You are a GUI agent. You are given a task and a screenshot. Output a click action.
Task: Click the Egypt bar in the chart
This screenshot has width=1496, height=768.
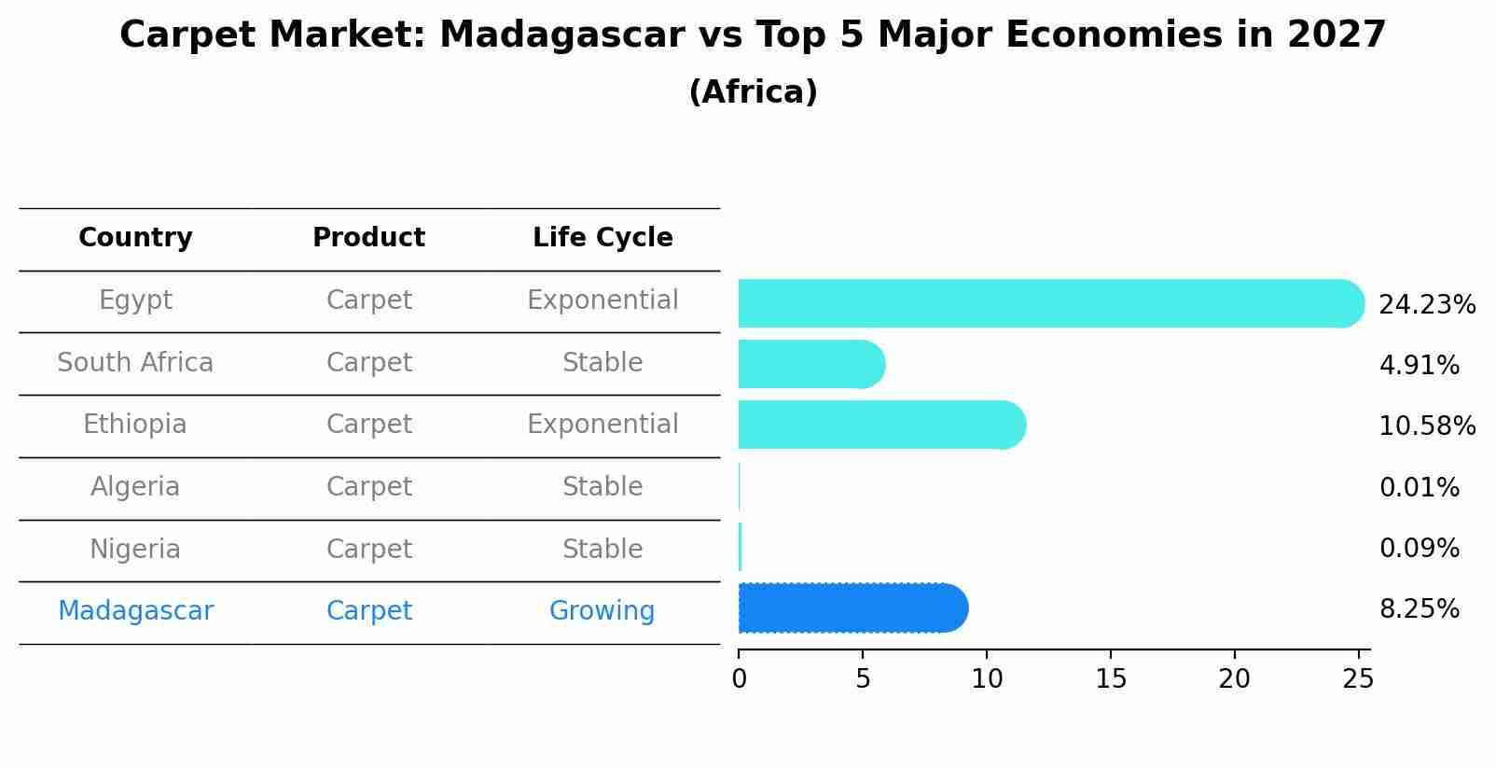(x=1051, y=303)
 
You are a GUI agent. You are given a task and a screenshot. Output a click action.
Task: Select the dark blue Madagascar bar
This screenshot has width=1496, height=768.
(x=853, y=607)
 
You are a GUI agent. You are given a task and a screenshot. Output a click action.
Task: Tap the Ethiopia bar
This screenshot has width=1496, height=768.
(x=882, y=426)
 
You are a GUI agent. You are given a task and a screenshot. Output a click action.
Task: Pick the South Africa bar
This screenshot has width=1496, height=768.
(x=812, y=364)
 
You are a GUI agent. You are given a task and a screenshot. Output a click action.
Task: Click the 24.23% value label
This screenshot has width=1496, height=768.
(x=1427, y=305)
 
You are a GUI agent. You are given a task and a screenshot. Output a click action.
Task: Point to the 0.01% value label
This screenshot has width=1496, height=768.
(x=1420, y=487)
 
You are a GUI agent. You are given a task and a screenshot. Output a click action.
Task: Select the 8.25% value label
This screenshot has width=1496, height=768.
(x=1420, y=609)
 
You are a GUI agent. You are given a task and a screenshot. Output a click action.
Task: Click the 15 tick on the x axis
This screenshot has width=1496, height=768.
(x=1111, y=678)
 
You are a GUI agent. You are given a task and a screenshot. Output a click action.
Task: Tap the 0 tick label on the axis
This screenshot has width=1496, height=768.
(x=740, y=678)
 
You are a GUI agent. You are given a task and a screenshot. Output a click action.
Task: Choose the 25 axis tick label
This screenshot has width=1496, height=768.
(x=1358, y=678)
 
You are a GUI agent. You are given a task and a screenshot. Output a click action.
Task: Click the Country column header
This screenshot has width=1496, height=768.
(x=135, y=238)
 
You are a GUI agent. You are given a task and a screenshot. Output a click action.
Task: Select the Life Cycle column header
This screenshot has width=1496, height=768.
(x=603, y=238)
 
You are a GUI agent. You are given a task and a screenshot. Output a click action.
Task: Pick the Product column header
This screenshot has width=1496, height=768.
(x=368, y=237)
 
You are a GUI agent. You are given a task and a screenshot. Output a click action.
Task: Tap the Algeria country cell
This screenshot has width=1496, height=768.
(x=135, y=486)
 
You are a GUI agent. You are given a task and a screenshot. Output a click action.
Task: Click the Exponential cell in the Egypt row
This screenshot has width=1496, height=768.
(x=603, y=300)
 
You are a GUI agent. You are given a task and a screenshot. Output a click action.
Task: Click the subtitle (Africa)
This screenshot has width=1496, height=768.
(x=754, y=91)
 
